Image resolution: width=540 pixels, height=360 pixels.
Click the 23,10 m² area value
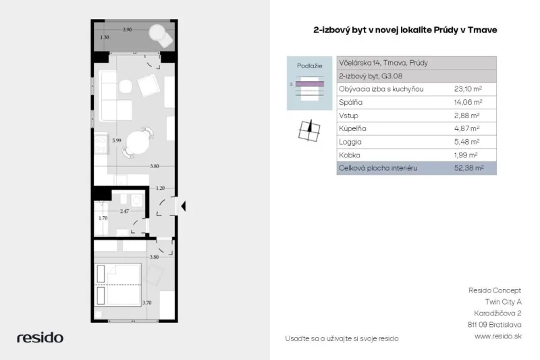[x=468, y=89]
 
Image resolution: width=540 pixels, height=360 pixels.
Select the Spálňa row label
[x=350, y=102]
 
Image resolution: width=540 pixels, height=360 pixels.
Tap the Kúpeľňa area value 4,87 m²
[x=466, y=128]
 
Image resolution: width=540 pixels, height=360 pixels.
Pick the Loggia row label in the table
[x=350, y=142]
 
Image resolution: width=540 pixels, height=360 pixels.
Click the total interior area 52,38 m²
[x=469, y=168]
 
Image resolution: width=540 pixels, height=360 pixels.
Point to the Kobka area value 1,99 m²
[x=466, y=155]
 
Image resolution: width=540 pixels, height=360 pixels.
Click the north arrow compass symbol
[x=309, y=131]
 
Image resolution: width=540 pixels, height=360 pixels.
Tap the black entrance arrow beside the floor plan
[x=184, y=206]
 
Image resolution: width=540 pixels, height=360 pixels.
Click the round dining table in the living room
[x=138, y=143]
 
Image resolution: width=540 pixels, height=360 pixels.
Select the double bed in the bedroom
[x=117, y=285]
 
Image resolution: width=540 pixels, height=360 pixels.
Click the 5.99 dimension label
[x=117, y=140]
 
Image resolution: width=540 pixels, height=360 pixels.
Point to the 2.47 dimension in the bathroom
[x=124, y=211]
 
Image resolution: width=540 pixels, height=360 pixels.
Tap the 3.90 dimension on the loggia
[x=127, y=30]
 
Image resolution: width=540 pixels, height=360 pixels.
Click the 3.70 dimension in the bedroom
[x=146, y=303]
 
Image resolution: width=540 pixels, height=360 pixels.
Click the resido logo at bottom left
[x=40, y=338]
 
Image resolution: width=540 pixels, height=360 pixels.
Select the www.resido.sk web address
[x=498, y=336]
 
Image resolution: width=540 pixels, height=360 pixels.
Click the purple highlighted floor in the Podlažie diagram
[x=310, y=84]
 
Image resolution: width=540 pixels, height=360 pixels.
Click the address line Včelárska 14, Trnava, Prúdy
[x=383, y=63]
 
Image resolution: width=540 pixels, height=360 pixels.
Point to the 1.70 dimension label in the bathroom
[x=103, y=218]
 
